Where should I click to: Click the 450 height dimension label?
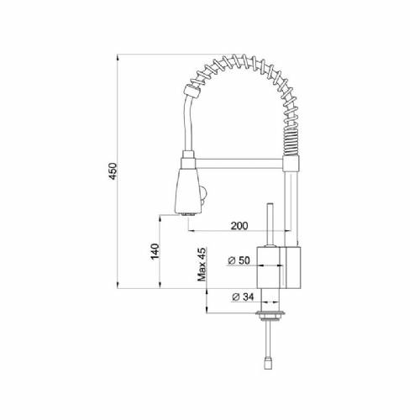113,171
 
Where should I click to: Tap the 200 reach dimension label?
239,225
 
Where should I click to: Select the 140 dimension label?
155,251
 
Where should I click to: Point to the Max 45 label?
202,265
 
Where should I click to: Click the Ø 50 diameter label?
239,260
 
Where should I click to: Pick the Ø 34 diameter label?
243,297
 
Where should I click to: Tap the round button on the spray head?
204,194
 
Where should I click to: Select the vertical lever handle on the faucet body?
270,224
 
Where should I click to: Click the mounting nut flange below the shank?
270,315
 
